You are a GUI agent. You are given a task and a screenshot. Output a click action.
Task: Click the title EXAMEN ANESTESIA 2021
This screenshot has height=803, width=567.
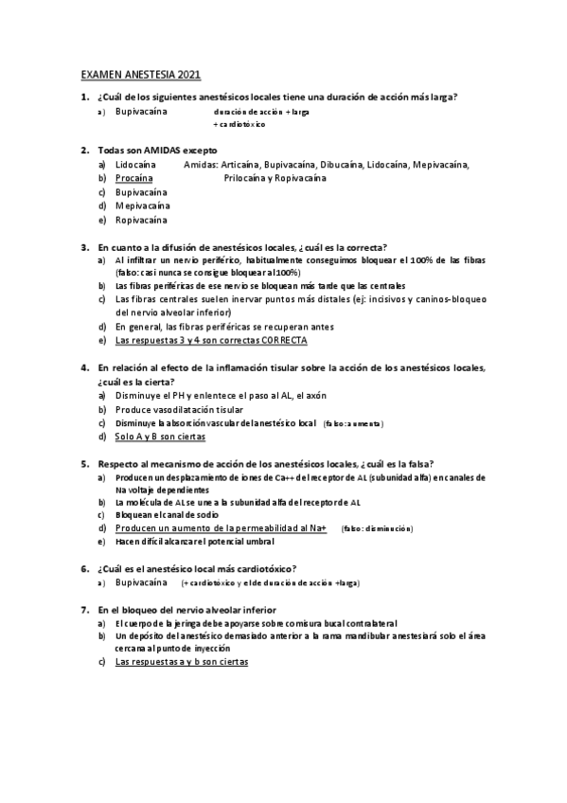pyautogui.click(x=140, y=76)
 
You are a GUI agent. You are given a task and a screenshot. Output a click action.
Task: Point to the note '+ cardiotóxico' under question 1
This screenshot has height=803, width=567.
pyautogui.click(x=239, y=124)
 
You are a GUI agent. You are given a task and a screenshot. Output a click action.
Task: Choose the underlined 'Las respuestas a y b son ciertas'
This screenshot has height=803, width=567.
pyautogui.click(x=181, y=663)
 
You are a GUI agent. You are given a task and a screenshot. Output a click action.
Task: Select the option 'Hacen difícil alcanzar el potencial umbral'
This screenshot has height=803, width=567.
pyautogui.click(x=194, y=542)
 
